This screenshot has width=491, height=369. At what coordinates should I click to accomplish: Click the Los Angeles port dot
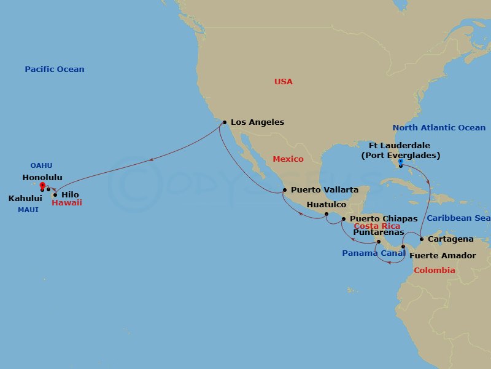225,122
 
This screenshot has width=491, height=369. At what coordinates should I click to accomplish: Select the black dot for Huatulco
327,214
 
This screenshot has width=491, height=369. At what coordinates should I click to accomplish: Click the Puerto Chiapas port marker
343,219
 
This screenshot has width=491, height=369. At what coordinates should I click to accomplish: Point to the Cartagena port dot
422,239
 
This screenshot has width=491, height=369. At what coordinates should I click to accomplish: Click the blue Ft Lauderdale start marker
400,162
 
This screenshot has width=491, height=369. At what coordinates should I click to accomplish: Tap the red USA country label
284,82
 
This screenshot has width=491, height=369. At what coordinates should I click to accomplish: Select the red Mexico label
288,159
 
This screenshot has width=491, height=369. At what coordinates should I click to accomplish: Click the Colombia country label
434,271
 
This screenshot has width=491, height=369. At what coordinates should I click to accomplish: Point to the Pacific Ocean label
55,69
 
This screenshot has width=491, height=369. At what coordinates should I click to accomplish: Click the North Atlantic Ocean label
439,128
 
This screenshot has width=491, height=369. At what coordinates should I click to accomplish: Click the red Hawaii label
66,202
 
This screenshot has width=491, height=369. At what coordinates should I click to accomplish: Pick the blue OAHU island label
41,165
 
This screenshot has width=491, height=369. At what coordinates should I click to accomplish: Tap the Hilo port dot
55,194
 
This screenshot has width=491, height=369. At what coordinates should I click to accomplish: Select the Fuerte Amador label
442,255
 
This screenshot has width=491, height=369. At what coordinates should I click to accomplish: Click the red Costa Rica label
377,226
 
